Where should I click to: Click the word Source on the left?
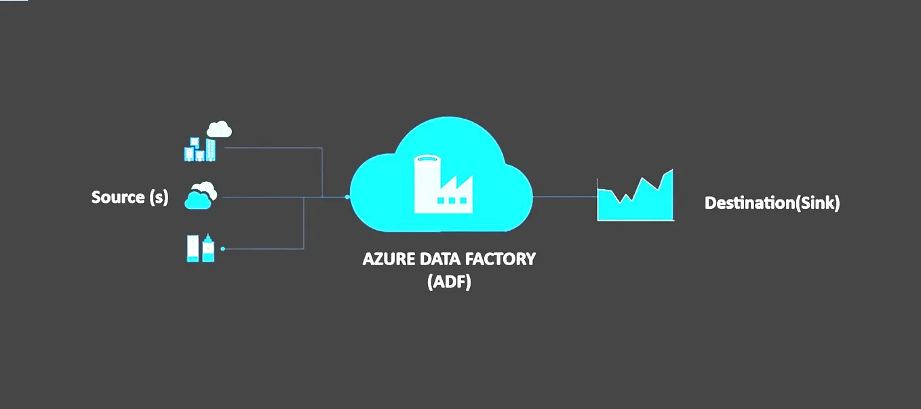(x=118, y=197)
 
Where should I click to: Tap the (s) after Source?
(x=158, y=197)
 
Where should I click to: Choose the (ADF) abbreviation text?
(x=449, y=281)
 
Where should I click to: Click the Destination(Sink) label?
(x=772, y=203)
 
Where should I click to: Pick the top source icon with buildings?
(x=200, y=150)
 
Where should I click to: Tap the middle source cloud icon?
(x=201, y=195)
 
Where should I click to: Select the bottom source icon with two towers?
(x=201, y=248)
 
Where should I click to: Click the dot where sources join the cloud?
(x=347, y=197)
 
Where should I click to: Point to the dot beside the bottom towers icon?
(x=222, y=249)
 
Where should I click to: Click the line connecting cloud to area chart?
(x=564, y=197)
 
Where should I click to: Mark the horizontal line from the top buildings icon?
(x=271, y=147)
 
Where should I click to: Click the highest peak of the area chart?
(x=671, y=171)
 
